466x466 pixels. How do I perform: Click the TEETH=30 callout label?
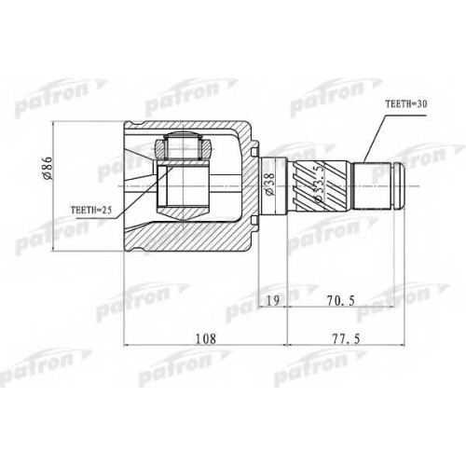pos(406,104)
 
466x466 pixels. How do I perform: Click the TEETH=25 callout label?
pos(91,210)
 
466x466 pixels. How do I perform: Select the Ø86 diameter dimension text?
pos(48,169)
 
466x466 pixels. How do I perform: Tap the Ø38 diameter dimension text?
pos(269,184)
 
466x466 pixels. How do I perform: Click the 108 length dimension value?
pos(205,338)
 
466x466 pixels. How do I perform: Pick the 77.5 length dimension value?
pos(347,338)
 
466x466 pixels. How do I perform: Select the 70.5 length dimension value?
pos(341,300)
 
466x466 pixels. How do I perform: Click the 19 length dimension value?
pos(273,300)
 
